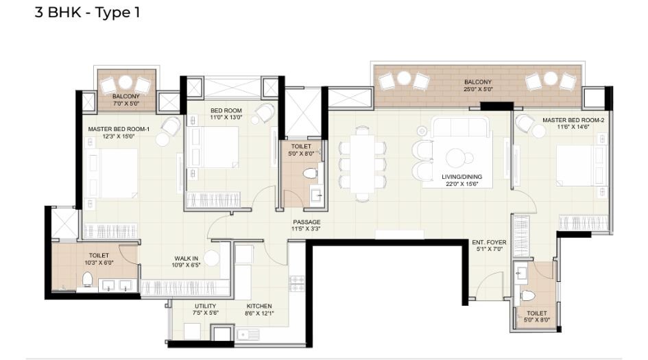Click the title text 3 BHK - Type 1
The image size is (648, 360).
click(x=87, y=12)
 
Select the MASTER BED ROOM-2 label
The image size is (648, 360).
click(x=573, y=120)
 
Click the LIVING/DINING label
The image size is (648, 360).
click(x=461, y=177)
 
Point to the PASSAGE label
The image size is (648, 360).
click(x=306, y=222)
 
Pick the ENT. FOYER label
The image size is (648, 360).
click(x=488, y=242)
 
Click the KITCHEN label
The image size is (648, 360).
click(x=259, y=306)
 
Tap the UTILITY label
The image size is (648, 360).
click(x=205, y=306)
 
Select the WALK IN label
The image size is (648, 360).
click(x=187, y=259)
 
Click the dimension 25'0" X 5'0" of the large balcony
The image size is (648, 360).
click(x=477, y=90)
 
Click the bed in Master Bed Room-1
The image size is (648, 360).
click(x=113, y=173)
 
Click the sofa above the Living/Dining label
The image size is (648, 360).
click(x=461, y=128)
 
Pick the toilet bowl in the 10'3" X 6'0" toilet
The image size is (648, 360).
click(x=87, y=279)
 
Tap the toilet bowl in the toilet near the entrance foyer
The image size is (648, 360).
click(x=527, y=296)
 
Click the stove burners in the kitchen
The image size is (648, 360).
click(x=297, y=283)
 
